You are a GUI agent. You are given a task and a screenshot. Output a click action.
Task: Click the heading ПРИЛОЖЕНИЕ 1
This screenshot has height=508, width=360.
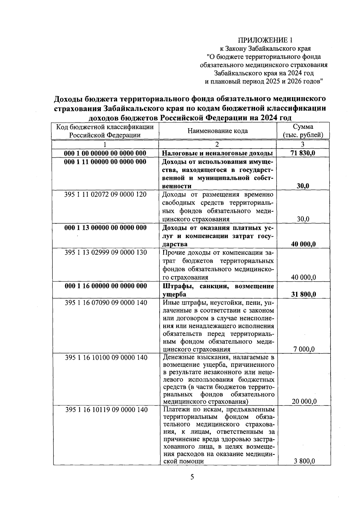tap(265, 40)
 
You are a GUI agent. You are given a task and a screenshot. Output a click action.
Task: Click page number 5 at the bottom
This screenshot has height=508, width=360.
tap(192, 477)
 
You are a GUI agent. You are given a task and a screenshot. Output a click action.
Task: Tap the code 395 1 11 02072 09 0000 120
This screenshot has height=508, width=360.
tap(105, 195)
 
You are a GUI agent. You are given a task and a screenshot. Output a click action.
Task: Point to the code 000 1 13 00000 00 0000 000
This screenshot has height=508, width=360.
tap(105, 228)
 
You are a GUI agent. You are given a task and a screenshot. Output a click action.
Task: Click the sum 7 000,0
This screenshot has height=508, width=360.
tap(303, 349)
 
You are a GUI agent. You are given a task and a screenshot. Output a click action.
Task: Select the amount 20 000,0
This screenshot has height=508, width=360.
tap(304, 401)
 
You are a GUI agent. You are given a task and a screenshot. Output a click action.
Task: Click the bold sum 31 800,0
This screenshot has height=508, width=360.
tap(303, 294)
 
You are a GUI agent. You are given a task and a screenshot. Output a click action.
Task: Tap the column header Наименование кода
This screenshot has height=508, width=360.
tap(217, 131)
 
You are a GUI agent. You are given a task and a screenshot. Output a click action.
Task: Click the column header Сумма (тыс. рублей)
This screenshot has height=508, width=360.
tap(303, 131)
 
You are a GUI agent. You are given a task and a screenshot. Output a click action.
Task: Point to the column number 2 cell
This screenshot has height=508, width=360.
tap(217, 144)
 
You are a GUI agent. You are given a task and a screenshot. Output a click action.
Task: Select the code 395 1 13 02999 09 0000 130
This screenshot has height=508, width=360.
tap(106, 252)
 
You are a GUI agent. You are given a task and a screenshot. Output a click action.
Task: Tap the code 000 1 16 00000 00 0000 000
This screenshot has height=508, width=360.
tap(106, 286)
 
